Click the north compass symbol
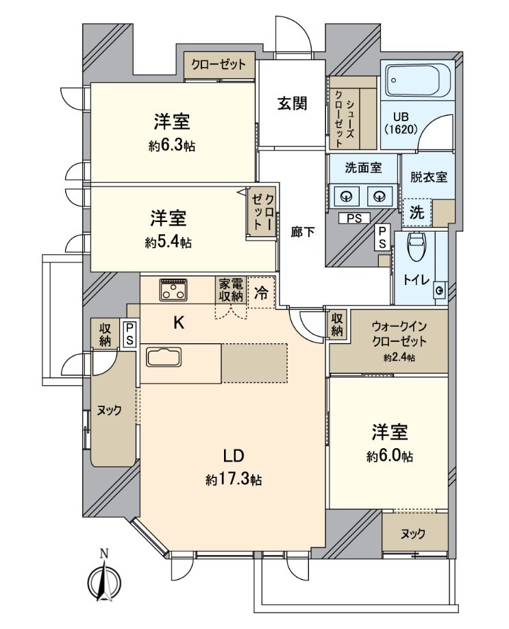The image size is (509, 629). click(103, 579)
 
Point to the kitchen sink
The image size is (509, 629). click(163, 358)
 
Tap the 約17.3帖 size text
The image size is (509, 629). click(233, 480)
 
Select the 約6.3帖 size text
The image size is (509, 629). click(171, 146)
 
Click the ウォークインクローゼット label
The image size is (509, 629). click(399, 335)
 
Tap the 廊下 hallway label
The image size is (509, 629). click(302, 232)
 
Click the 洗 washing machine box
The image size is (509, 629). click(416, 212)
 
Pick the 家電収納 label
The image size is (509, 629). click(231, 289)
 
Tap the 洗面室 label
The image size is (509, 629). click(362, 167)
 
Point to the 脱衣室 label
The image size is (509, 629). click(428, 176)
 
